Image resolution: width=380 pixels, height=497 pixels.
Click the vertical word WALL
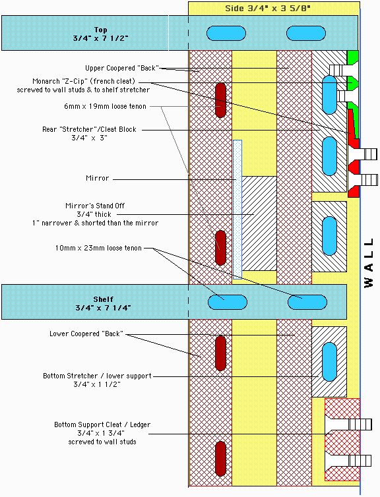pyautogui.click(x=369, y=263)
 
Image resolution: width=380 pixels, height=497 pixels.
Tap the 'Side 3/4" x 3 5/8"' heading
pyautogui.click(x=268, y=9)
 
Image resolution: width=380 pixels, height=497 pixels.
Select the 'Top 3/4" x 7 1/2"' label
pyautogui.click(x=100, y=34)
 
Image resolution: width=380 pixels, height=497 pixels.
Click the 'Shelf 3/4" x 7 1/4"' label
pyautogui.click(x=103, y=303)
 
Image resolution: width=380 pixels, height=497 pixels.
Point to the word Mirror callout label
pyautogui.click(x=98, y=178)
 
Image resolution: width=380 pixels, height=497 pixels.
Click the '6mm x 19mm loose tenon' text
pyautogui.click(x=105, y=106)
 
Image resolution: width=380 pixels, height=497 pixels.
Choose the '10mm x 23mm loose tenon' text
pyautogui.click(x=98, y=248)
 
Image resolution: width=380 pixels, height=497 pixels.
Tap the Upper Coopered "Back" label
pyautogui.click(x=122, y=68)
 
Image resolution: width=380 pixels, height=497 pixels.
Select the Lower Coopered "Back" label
pyautogui.click(x=86, y=334)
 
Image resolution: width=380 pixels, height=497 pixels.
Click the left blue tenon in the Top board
pyautogui.click(x=226, y=34)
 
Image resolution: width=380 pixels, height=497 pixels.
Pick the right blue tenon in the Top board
pyautogui.click(x=306, y=34)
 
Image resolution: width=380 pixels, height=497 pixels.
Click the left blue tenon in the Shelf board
pyautogui.click(x=228, y=302)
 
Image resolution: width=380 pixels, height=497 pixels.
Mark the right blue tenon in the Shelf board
pyautogui.click(x=307, y=302)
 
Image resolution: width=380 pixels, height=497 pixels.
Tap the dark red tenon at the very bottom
pyautogui.click(x=221, y=459)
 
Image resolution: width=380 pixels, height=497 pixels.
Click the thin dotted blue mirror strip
pyautogui.click(x=237, y=210)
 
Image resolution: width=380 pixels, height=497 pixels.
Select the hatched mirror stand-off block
pyautogui.click(x=259, y=223)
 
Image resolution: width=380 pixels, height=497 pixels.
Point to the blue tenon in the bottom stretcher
pyautogui.click(x=329, y=362)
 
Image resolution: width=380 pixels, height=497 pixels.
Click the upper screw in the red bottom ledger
pyautogui.click(x=348, y=424)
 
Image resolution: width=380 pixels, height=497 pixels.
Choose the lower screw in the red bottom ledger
pyautogui.click(x=348, y=461)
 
